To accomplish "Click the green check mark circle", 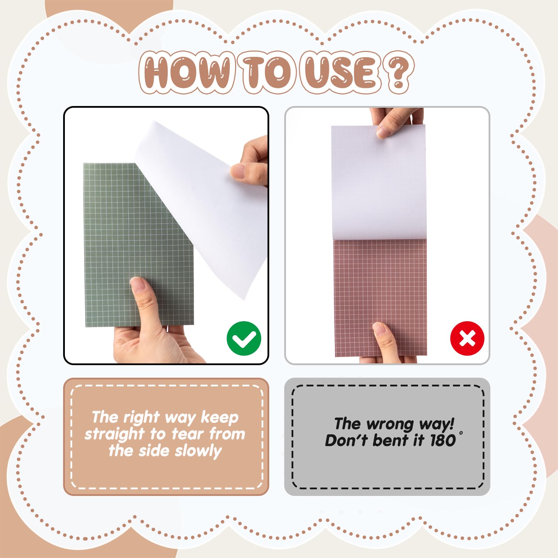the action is [x=244, y=338].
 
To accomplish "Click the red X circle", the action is [x=467, y=338].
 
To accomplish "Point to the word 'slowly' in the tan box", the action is [x=198, y=451].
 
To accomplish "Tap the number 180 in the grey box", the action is [x=443, y=440].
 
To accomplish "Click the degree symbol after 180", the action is [x=461, y=433].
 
